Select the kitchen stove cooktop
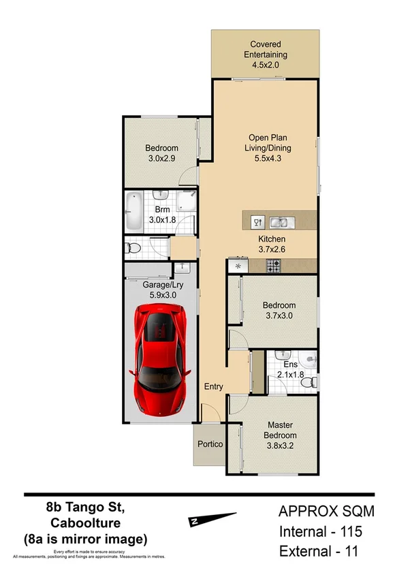(x=274, y=266)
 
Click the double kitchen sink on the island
(x=281, y=221)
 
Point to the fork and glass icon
(x=258, y=221)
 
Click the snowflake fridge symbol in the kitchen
(x=238, y=266)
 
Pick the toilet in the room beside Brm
(x=134, y=247)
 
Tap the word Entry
(x=214, y=387)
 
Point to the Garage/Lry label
(x=161, y=285)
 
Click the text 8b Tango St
(x=86, y=507)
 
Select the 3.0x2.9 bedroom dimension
(x=161, y=159)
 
